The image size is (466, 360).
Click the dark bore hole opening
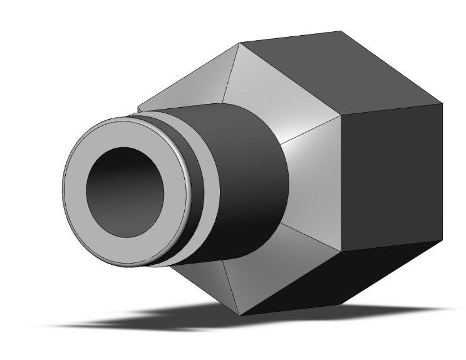point(125,192)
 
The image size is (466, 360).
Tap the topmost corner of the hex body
point(341,31)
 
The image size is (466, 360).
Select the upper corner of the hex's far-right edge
point(443,102)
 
